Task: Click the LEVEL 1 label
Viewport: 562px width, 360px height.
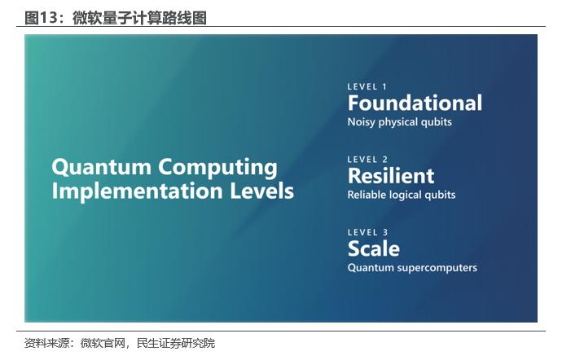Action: tap(367, 87)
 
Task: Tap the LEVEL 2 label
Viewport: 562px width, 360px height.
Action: tap(367, 160)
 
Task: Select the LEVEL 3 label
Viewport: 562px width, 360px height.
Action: tap(367, 232)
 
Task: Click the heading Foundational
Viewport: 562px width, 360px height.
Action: tap(415, 103)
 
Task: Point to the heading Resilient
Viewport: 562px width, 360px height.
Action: tap(391, 176)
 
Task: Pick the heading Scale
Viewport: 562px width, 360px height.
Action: tap(374, 248)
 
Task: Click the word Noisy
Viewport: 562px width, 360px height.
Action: tap(362, 122)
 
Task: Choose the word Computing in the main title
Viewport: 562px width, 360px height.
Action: tap(218, 168)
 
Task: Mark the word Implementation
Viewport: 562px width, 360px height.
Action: tap(138, 191)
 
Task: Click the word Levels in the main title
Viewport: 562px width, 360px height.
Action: tap(261, 191)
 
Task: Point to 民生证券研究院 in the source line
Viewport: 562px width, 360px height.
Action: tap(176, 343)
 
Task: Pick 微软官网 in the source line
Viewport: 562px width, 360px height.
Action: tap(103, 343)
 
